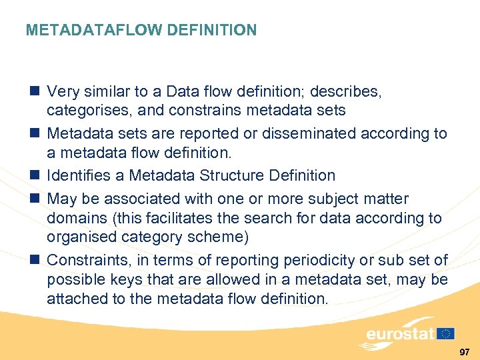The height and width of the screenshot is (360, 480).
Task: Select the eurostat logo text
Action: [x=399, y=333]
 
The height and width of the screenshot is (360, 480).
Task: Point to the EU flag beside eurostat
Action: [x=446, y=333]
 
